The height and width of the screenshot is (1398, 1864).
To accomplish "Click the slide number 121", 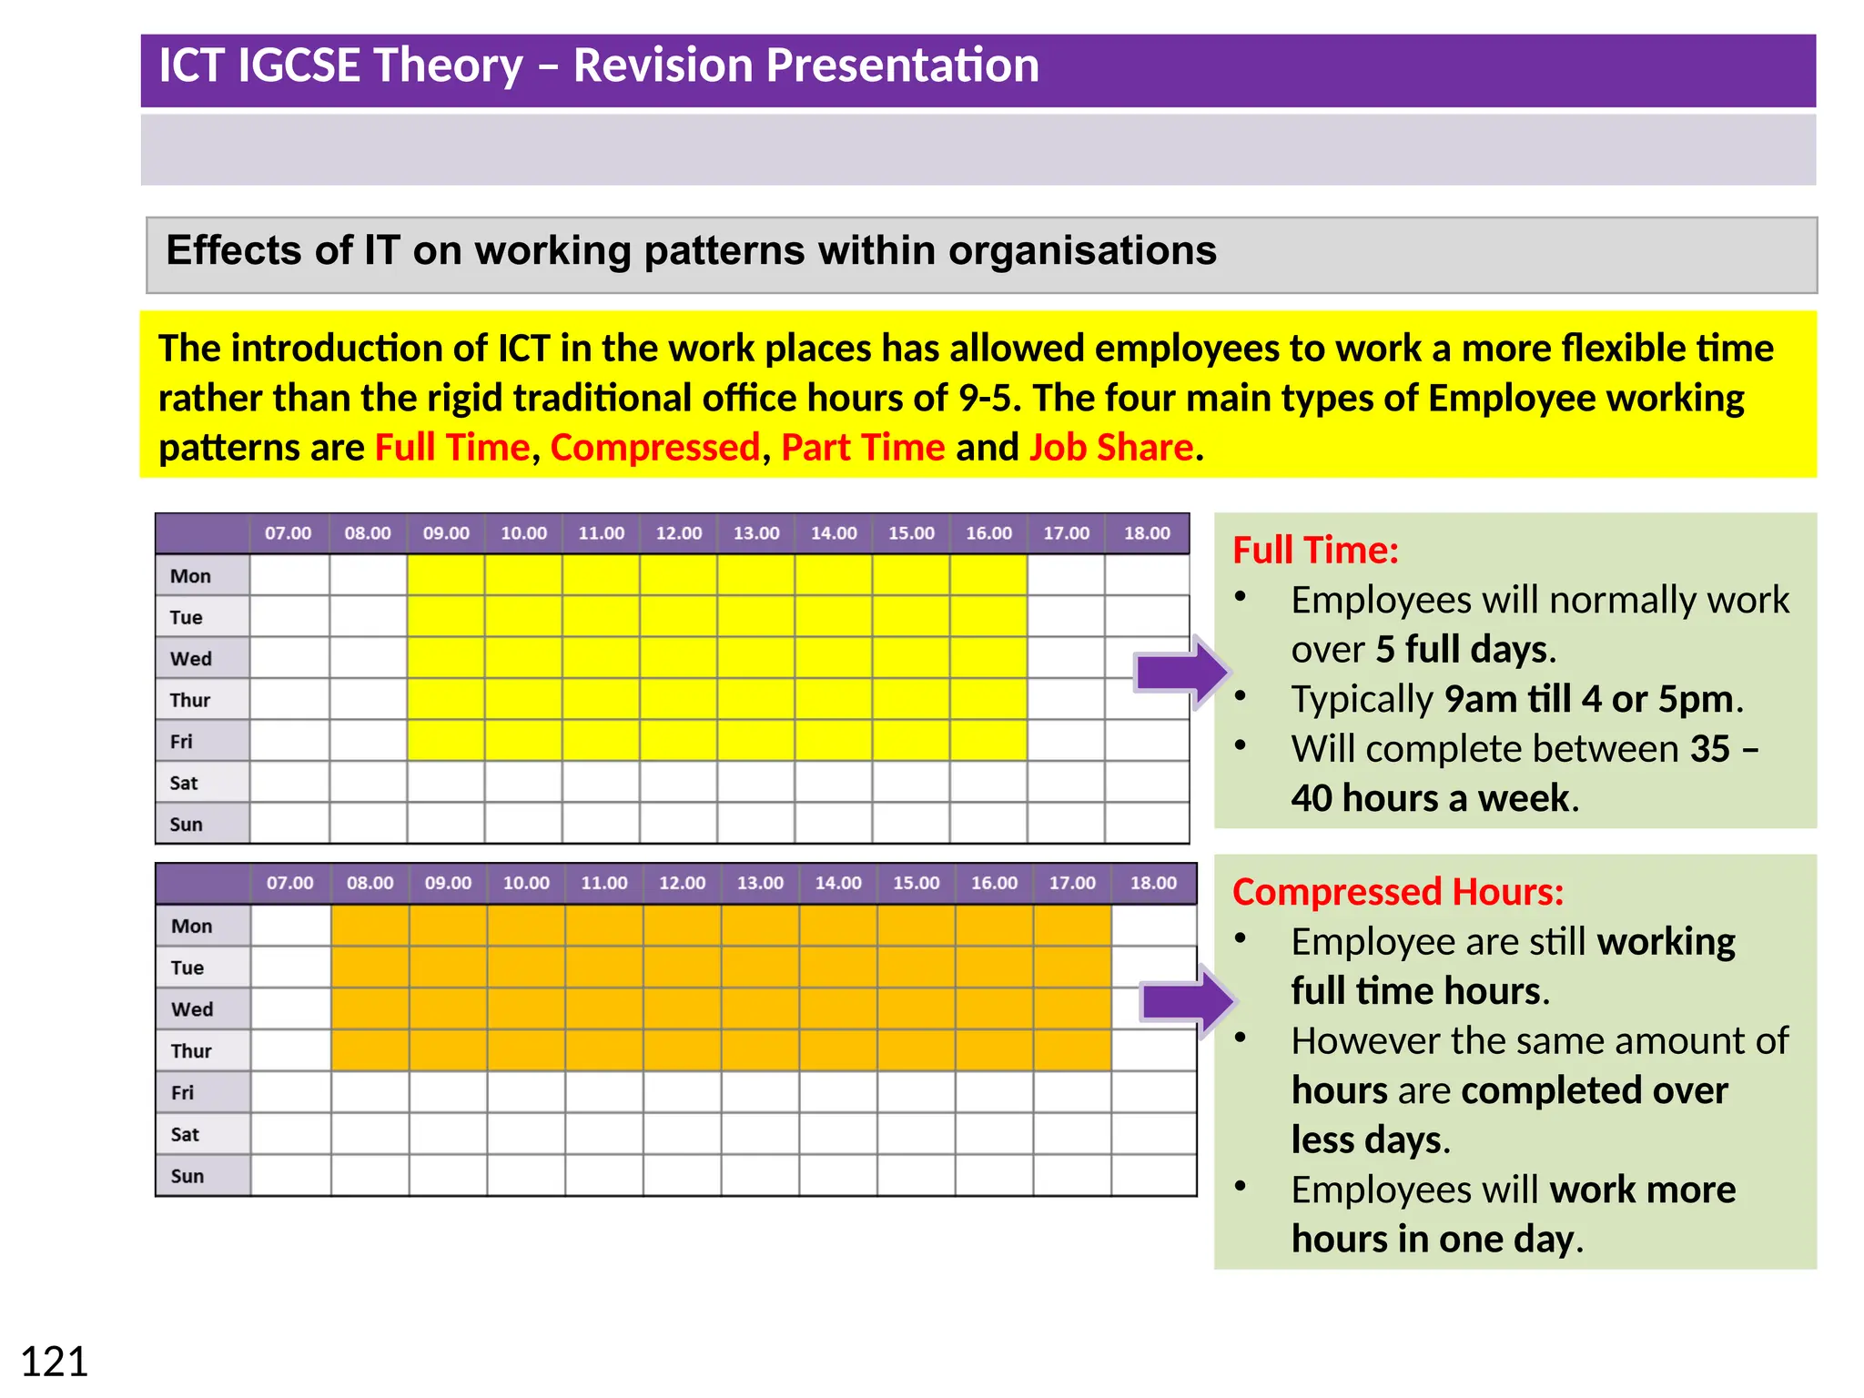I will tap(55, 1362).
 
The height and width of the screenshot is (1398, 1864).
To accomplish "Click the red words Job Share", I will tap(1110, 448).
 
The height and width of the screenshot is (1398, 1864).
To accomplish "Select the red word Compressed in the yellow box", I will tap(654, 448).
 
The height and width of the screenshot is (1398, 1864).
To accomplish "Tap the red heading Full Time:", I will tap(1315, 550).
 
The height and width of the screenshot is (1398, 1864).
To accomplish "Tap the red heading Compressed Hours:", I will tap(1397, 892).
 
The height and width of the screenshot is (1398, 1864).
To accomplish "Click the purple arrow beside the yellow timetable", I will tap(1181, 673).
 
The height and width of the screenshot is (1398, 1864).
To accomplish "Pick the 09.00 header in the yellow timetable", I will tap(446, 533).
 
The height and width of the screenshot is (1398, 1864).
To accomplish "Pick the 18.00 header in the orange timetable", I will tap(1153, 883).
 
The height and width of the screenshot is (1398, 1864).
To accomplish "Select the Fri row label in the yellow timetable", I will tap(182, 742).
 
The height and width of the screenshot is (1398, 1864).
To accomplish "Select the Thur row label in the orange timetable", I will tap(191, 1051).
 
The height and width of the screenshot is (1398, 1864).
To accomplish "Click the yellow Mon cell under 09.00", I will tap(446, 575).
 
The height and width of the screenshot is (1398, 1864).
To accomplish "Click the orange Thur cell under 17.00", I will tap(1072, 1050).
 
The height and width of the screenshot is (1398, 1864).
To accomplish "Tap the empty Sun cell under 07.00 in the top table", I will tap(289, 824).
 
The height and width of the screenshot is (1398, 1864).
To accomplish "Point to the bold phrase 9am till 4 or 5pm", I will tap(1589, 699).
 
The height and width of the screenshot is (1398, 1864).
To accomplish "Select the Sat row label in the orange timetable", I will tap(185, 1134).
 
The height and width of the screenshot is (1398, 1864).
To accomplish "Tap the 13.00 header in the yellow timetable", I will tap(756, 533).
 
